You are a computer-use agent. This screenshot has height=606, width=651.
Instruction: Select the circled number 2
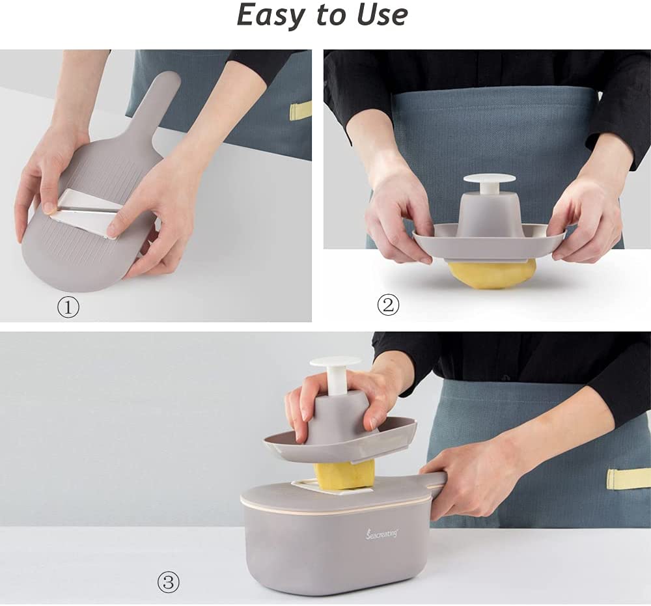(x=388, y=304)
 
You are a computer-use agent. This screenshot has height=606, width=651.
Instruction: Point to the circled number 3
(x=168, y=582)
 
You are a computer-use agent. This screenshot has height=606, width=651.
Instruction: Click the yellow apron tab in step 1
(x=300, y=111)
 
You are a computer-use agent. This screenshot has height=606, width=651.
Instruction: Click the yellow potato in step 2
(x=492, y=273)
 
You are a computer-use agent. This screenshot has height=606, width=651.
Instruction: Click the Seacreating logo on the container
(x=381, y=533)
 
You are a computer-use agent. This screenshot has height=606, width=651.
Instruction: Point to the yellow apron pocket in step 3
(x=628, y=478)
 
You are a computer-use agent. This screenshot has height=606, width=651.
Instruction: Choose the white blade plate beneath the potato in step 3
(x=306, y=486)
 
